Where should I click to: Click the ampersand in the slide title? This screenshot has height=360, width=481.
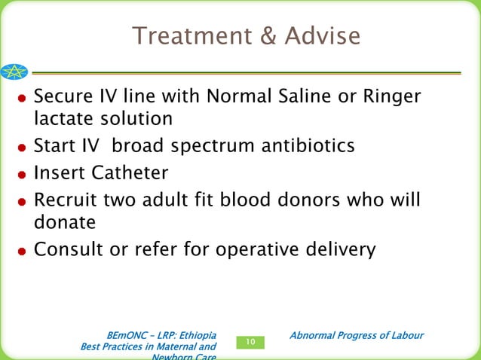[x=259, y=35]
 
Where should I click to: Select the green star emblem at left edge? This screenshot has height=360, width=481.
[x=13, y=72]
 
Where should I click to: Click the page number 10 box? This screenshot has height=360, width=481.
[x=251, y=343]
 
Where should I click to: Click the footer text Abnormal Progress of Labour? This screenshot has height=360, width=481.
[x=357, y=335]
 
